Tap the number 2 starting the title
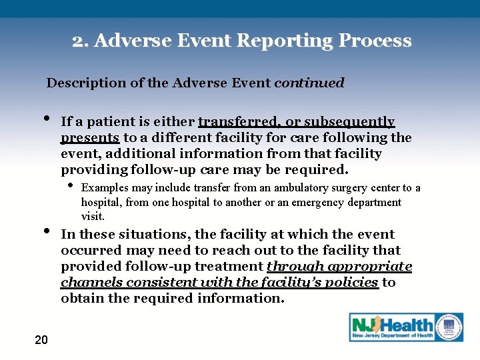[77, 41]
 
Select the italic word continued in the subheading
[309, 83]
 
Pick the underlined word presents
[90, 138]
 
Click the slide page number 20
[41, 340]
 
